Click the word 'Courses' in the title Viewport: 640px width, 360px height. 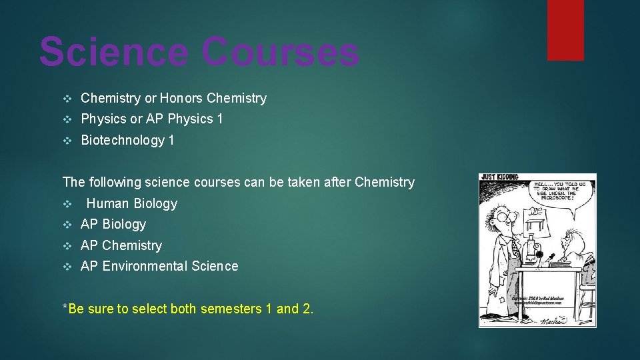coord(280,52)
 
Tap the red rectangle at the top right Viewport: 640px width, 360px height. coord(565,29)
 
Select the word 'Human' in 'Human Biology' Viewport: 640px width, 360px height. coord(108,203)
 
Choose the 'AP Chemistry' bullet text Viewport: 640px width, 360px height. coord(121,245)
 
